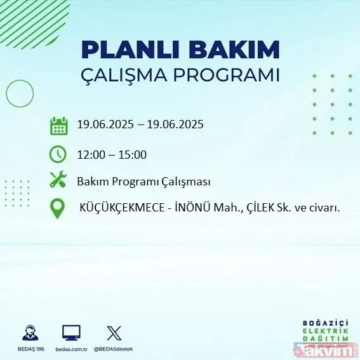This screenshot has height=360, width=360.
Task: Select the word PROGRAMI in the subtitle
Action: [x=230, y=76]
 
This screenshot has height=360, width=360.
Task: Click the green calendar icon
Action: [x=58, y=125]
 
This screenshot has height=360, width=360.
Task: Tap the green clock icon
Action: [x=58, y=154]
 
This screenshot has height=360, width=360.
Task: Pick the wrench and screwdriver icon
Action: [x=58, y=181]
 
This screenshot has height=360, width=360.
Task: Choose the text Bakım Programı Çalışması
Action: [x=143, y=182]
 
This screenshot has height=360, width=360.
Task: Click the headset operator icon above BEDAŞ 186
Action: [x=29, y=333]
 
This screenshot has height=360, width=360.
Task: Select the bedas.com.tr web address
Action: [x=71, y=349]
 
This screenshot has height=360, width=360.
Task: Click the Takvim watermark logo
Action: [x=330, y=345]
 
